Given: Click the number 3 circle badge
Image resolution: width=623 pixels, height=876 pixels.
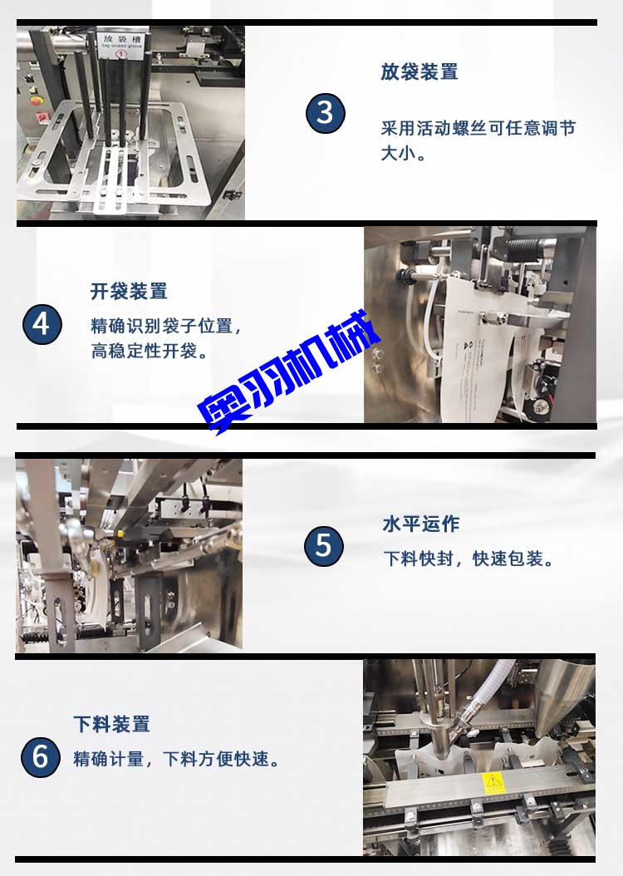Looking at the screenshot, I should point(325,112).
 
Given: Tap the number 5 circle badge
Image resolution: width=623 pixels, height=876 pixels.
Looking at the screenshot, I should point(323,546).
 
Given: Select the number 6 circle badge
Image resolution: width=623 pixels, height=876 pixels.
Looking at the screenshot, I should point(41,757).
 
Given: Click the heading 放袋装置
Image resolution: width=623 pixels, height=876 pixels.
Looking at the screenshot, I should point(419,72).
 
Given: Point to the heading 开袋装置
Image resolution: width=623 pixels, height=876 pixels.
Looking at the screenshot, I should point(129,291).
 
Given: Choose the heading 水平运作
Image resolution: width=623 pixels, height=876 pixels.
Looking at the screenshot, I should point(420,524).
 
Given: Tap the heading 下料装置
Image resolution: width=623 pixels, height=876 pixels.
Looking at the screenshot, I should point(111,724).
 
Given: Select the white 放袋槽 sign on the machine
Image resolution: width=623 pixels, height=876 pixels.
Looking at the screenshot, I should point(120,44).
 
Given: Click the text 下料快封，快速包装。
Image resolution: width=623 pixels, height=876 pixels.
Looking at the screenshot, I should point(468,559).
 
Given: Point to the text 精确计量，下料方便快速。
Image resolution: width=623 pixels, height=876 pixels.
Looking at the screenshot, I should point(176,759).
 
